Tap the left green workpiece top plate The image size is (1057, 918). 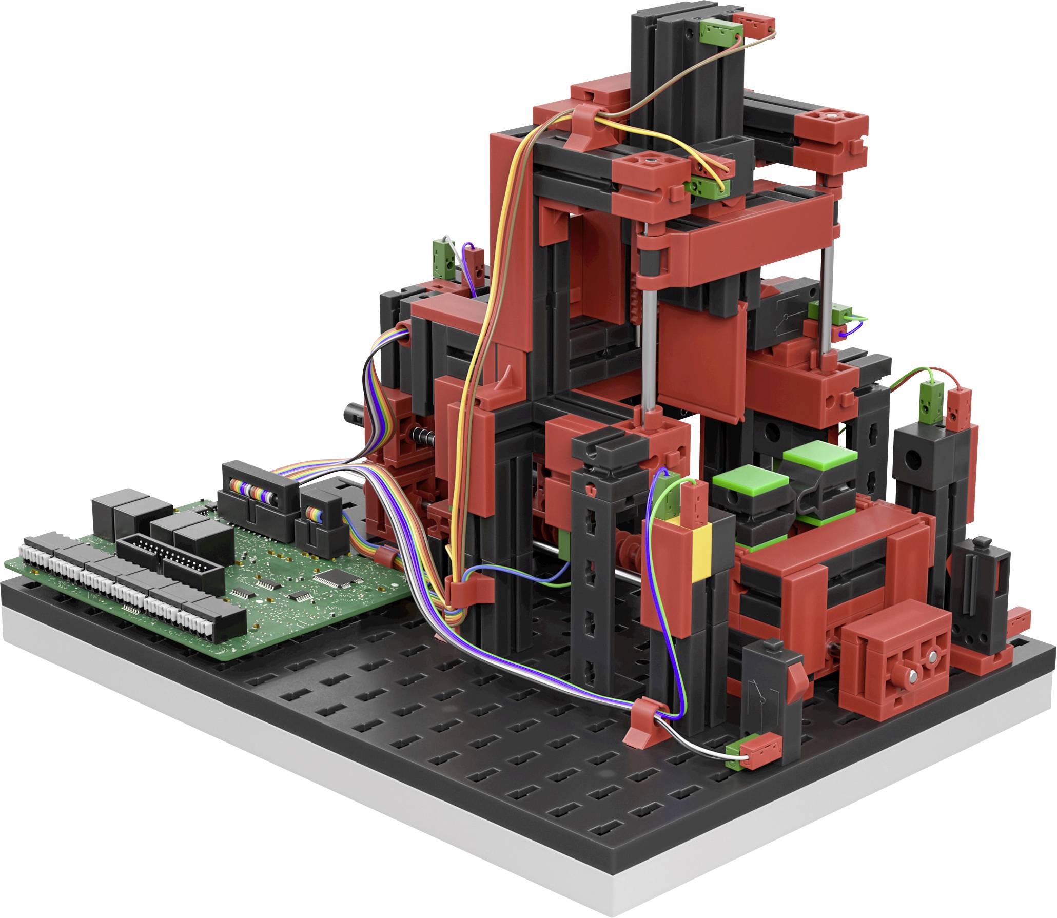tap(750, 481)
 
